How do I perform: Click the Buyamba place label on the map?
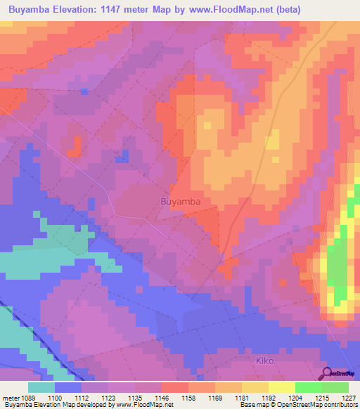tap(181, 202)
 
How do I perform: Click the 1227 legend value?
tap(349, 397)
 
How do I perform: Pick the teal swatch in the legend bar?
tap(41, 387)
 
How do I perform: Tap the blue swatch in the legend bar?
tap(68, 387)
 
